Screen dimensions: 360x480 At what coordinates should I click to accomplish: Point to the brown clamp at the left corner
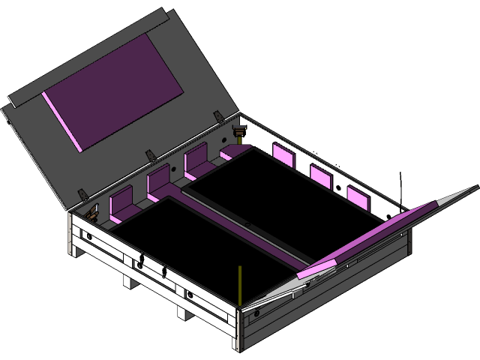tap(92, 213)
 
